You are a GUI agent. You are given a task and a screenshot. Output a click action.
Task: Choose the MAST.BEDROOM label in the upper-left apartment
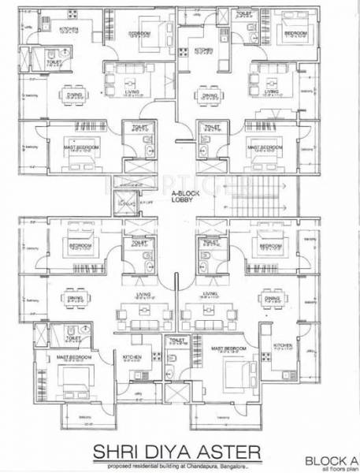point(78,146)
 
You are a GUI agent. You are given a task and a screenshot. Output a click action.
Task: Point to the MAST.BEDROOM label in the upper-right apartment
point(262,146)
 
